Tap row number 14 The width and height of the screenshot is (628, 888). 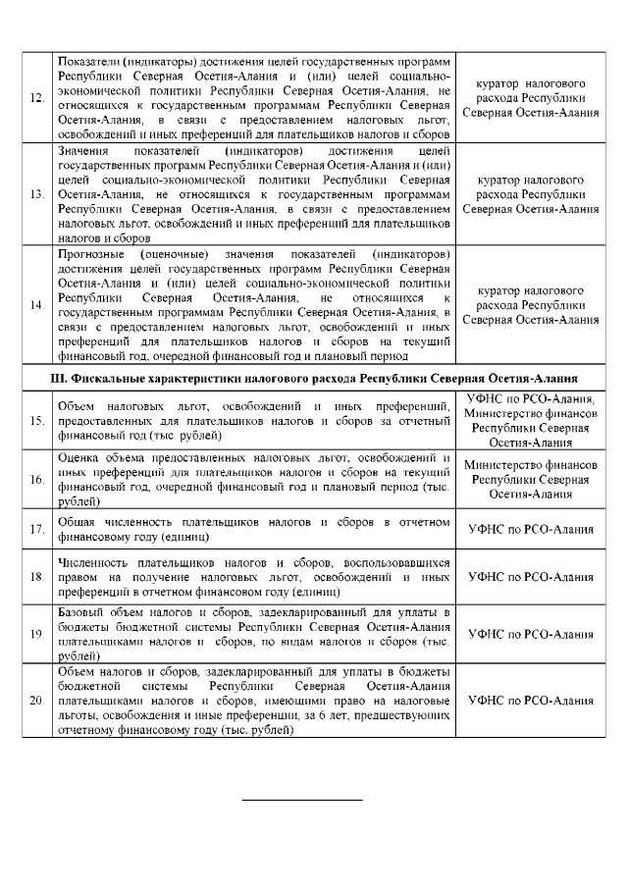pyautogui.click(x=36, y=305)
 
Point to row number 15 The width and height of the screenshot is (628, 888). pyautogui.click(x=36, y=421)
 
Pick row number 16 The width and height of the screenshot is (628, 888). pyautogui.click(x=36, y=480)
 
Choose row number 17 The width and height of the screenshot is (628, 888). pyautogui.click(x=36, y=530)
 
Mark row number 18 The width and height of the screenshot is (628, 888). pyautogui.click(x=36, y=577)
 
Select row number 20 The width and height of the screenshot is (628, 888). pyautogui.click(x=36, y=702)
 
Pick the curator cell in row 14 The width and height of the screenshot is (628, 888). pyautogui.click(x=531, y=305)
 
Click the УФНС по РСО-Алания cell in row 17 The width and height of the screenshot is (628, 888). pyautogui.click(x=531, y=530)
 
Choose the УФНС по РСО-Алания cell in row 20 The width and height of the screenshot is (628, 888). pyautogui.click(x=531, y=702)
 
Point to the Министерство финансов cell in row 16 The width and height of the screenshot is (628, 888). pyautogui.click(x=531, y=480)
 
